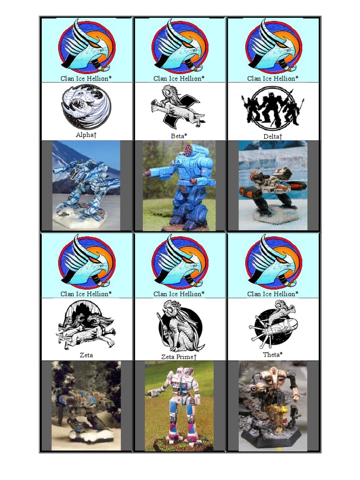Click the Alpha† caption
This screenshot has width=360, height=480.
pos(86,135)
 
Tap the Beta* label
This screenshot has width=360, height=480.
pos(180,136)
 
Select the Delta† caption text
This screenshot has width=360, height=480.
pos(273,136)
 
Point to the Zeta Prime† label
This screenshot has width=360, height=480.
pos(179,357)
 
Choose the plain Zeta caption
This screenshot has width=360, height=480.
pos(86,355)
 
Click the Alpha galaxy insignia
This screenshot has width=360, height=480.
pos(86,107)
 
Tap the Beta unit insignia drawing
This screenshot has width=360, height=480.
pos(178,107)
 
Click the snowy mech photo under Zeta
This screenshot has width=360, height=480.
pos(86,405)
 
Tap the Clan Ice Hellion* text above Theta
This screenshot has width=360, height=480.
pos(273,294)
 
